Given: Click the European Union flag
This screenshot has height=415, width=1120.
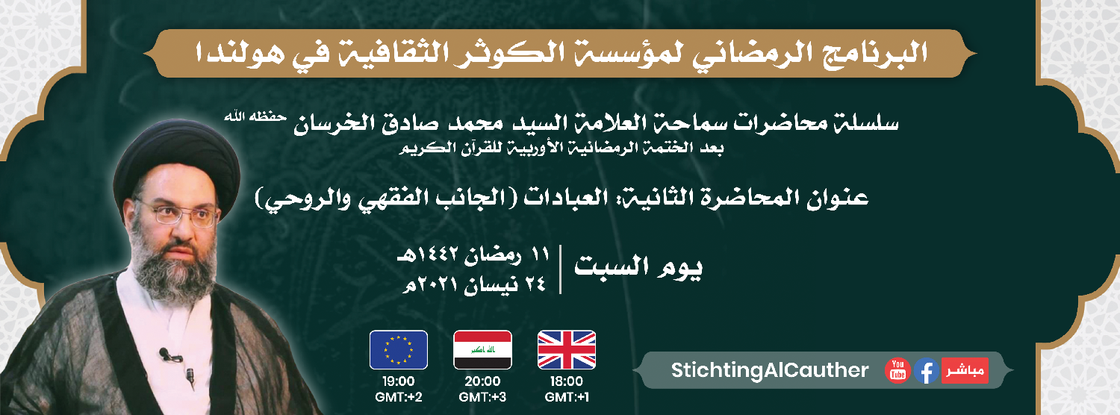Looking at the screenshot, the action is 399,350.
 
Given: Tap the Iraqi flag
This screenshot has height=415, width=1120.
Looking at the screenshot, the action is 482,350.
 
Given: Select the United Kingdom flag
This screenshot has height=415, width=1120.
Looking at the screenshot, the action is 567,350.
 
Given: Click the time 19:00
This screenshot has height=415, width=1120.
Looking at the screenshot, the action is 399,381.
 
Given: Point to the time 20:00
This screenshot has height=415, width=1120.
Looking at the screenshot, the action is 482,381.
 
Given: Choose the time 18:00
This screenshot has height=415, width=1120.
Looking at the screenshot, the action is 567,381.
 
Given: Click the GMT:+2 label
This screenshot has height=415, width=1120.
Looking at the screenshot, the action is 399,398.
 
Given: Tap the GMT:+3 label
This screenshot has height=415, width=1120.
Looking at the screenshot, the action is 482,398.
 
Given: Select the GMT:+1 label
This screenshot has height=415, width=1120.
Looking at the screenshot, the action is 567,398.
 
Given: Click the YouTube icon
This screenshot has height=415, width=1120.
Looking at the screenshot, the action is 897,370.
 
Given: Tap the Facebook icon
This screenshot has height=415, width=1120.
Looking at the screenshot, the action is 926,371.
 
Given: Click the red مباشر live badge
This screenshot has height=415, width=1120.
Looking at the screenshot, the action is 965,370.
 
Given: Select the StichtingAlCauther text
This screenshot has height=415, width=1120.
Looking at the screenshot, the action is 770,370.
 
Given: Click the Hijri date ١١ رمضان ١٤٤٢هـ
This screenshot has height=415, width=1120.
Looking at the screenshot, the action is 473,255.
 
